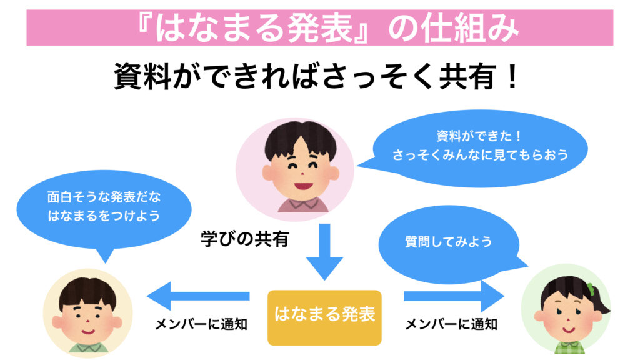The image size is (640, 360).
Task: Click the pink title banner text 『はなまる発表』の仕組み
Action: [319, 27]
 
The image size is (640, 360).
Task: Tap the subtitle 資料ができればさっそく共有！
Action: [316, 77]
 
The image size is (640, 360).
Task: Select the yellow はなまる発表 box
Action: [324, 317]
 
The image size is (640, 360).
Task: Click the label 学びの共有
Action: [245, 239]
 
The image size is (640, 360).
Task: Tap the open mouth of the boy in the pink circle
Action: [300, 186]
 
